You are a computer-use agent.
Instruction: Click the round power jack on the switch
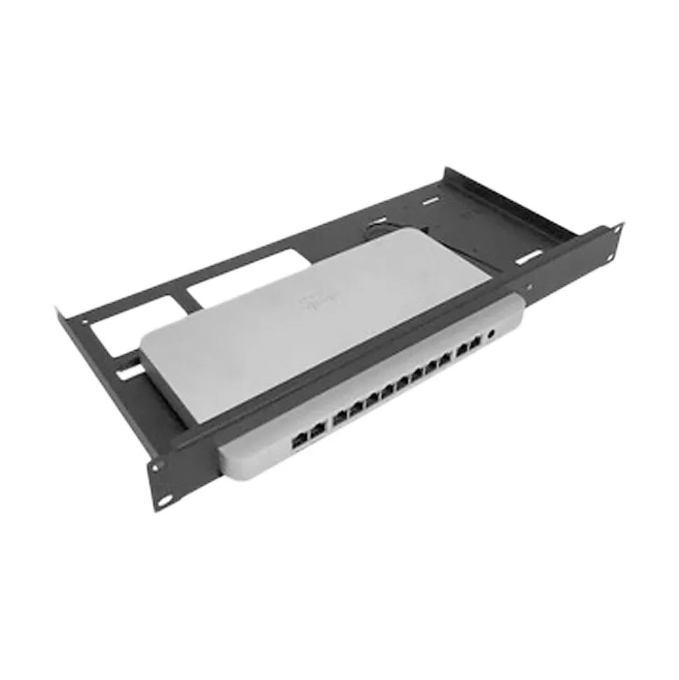pos(491,334)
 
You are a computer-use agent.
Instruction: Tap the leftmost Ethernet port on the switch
pos(298,440)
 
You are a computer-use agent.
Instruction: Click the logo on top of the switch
pos(312,303)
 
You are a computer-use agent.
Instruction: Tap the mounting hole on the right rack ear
pos(618,227)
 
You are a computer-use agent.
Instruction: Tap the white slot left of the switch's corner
pos(129,373)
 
